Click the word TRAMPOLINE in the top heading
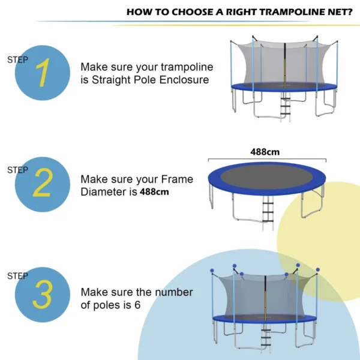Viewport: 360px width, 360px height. tap(259, 11)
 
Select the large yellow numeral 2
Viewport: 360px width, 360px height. tap(42, 185)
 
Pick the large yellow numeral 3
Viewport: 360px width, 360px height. tap(42, 294)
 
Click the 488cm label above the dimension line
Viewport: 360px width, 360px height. tap(265, 152)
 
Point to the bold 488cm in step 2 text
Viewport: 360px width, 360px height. tap(154, 192)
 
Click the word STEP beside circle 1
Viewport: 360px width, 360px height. tap(17, 59)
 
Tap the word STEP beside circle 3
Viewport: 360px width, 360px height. tap(17, 276)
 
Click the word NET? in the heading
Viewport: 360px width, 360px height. tap(340, 11)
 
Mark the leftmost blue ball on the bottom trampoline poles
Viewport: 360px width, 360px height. tap(212, 271)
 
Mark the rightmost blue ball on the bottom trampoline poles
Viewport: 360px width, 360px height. tap(317, 271)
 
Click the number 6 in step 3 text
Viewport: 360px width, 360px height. tap(137, 305)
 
